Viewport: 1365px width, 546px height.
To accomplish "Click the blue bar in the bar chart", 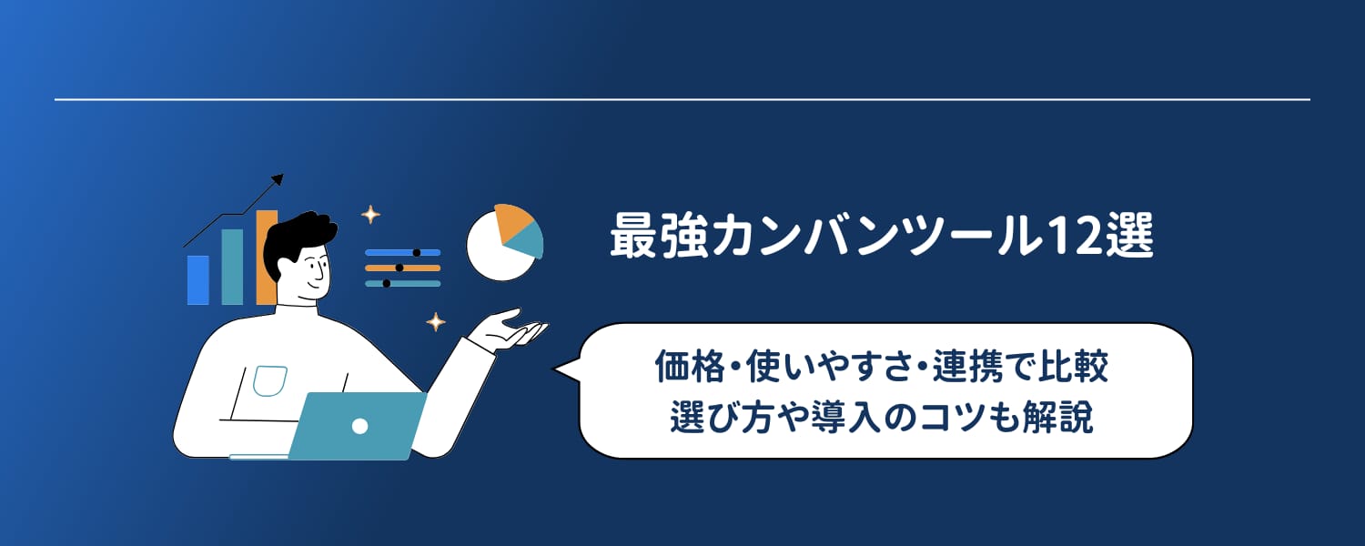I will (x=197, y=279).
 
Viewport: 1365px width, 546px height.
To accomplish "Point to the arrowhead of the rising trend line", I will (x=278, y=179).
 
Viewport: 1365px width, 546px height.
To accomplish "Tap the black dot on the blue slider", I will (x=416, y=252).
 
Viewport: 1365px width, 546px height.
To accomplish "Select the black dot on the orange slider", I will (x=399, y=268).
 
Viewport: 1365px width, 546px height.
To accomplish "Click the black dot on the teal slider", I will (x=387, y=283).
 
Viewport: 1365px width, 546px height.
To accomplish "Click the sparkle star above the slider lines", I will (x=370, y=215).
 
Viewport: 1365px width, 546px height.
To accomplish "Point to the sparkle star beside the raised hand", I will (x=437, y=321).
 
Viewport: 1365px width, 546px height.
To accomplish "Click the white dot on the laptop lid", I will (x=359, y=425).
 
